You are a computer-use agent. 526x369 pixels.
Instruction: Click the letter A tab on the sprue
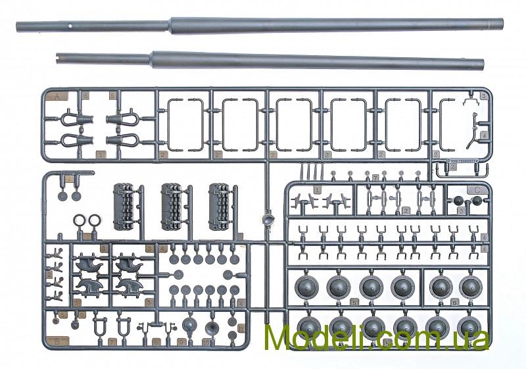pos(57,96)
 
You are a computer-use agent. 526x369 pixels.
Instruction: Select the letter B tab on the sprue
pos(57,340)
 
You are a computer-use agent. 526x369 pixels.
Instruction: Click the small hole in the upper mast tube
pos(70,26)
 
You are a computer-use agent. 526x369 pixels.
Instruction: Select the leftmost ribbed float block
pos(126,207)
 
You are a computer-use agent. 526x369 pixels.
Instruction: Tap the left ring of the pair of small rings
pos(80,221)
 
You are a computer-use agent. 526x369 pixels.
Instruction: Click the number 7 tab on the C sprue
pos(375,178)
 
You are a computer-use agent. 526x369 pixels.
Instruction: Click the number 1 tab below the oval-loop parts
pos(101,155)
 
